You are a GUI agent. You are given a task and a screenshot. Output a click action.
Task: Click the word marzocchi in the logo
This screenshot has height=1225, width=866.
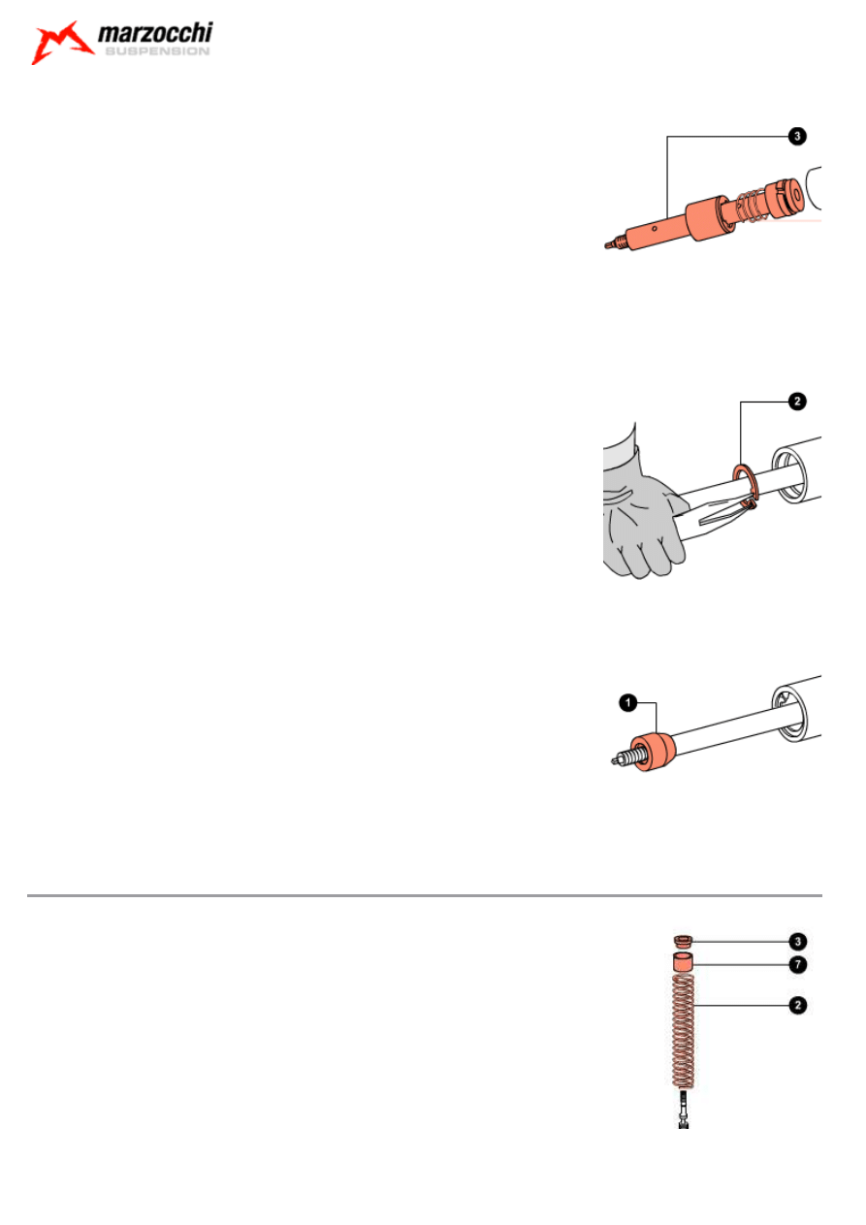(x=155, y=33)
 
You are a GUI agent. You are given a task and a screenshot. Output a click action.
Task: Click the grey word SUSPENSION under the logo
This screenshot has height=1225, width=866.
(x=157, y=51)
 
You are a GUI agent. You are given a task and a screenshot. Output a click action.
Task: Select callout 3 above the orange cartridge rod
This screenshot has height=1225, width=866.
(x=797, y=136)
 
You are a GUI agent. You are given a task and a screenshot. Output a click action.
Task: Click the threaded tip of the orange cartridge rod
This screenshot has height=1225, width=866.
(x=615, y=242)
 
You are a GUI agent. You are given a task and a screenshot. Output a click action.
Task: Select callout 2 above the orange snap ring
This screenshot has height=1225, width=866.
(x=797, y=402)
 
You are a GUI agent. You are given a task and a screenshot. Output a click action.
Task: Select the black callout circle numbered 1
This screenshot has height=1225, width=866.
(x=628, y=703)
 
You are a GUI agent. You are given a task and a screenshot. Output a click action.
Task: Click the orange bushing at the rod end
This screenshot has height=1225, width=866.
(x=653, y=752)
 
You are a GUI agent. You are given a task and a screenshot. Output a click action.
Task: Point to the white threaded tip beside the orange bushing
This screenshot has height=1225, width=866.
(x=625, y=758)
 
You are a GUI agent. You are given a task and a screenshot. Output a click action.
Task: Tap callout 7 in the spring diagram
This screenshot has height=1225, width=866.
(x=798, y=965)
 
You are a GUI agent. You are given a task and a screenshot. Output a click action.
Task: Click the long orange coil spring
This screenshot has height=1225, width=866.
(x=683, y=1030)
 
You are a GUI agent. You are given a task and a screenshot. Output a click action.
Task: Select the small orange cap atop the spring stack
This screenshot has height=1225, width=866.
(x=683, y=941)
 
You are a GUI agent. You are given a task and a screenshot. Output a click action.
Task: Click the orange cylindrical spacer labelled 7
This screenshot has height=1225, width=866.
(x=683, y=962)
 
